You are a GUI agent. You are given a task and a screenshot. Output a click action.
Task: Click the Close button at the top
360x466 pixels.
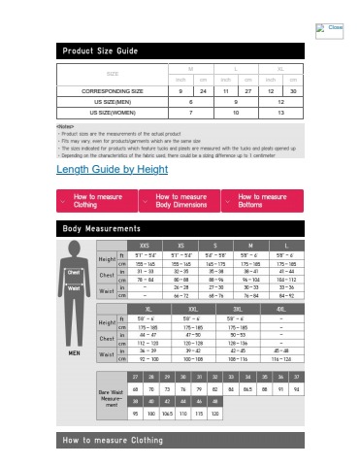pos(330,26)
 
